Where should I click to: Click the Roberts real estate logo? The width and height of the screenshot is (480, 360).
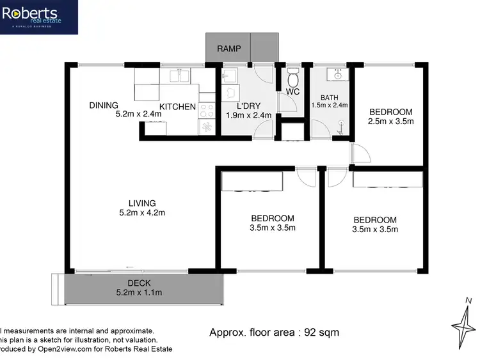39,17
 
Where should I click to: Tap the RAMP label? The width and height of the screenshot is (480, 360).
228,49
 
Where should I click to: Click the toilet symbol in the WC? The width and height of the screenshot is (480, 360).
293,79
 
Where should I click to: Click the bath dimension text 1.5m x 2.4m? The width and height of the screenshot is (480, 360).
329,105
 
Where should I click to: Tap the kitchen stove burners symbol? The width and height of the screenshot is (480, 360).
207,109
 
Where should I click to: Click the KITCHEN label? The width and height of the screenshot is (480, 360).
177,106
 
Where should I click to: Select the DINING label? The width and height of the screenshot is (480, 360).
104,106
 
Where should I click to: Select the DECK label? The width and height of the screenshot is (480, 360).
139,284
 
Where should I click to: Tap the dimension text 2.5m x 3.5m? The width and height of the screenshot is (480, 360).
391,121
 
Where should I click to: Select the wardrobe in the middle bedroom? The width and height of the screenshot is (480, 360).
251,182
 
